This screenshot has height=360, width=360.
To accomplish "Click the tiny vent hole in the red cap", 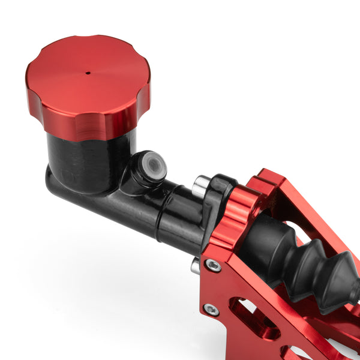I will [x=88, y=73].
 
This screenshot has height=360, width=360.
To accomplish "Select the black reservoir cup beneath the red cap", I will [x=90, y=159].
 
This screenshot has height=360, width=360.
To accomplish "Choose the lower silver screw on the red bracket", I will [x=211, y=309].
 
